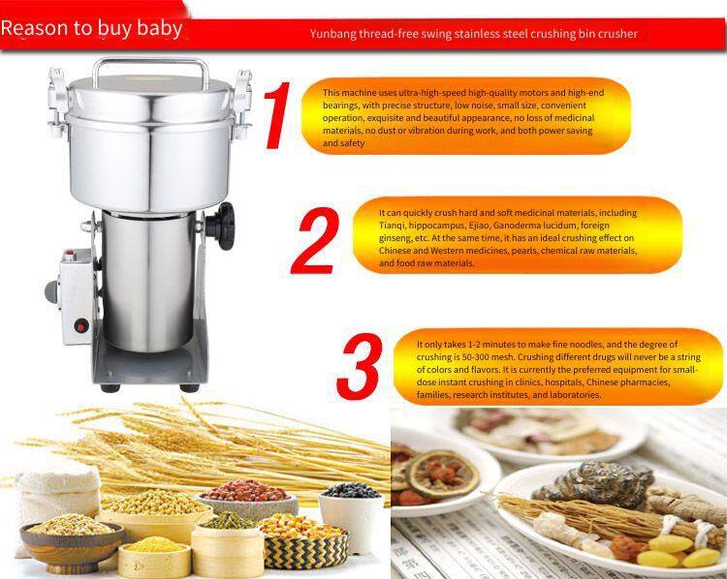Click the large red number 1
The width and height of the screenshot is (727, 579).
pyautogui.click(x=277, y=116)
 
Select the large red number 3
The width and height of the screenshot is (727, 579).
pyautogui.click(x=360, y=366)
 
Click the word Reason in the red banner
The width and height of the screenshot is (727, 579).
pyautogui.click(x=35, y=28)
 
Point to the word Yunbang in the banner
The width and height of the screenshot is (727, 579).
pyautogui.click(x=332, y=34)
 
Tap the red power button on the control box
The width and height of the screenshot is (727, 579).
pyautogui.click(x=81, y=326)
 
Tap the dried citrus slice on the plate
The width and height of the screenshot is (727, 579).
pyautogui.click(x=442, y=473)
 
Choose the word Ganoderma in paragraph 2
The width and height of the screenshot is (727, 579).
pyautogui.click(x=514, y=226)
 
